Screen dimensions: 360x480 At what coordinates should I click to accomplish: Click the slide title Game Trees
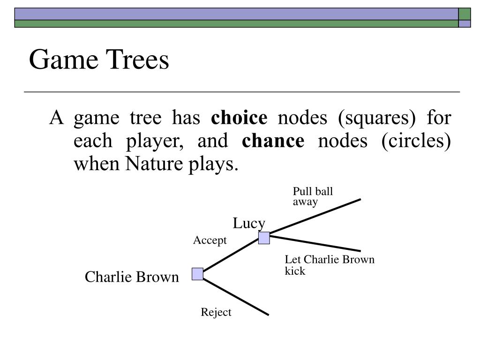98,60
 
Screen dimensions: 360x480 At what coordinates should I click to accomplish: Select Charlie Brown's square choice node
197,274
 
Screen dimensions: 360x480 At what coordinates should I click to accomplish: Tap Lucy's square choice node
264,238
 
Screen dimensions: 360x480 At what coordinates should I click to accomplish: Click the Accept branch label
210,240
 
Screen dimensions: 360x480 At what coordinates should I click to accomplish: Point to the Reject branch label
216,312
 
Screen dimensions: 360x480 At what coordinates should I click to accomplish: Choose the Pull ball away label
313,196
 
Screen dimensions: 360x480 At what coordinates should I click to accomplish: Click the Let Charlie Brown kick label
330,265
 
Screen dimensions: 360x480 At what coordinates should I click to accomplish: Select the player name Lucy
249,224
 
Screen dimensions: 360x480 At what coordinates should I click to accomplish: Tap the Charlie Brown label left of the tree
132,277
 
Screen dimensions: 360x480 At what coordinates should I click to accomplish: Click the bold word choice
239,118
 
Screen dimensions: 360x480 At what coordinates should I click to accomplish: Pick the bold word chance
273,141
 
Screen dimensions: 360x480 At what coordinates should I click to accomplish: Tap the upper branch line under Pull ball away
315,216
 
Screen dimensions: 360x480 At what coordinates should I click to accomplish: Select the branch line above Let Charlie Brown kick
315,243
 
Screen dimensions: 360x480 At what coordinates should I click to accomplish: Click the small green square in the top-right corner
464,13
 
